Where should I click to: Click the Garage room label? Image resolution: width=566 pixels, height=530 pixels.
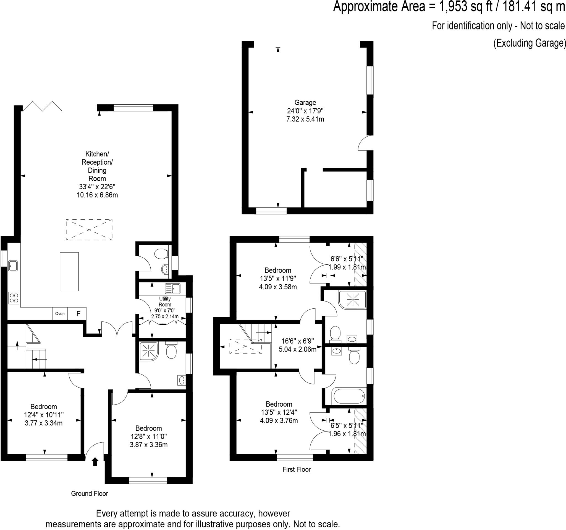pyautogui.click(x=305, y=102)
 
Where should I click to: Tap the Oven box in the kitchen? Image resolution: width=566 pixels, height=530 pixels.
pyautogui.click(x=60, y=314)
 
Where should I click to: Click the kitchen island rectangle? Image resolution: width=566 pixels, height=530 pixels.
pyautogui.click(x=69, y=272)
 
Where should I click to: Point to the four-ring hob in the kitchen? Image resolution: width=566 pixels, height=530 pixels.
pyautogui.click(x=14, y=298)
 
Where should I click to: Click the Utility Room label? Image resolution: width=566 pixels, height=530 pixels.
pyautogui.click(x=165, y=302)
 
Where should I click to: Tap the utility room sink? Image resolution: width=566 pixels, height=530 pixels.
pyautogui.click(x=172, y=288)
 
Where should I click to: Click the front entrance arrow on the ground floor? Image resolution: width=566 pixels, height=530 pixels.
pyautogui.click(x=95, y=462)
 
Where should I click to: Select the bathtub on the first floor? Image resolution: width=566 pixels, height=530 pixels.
pyautogui.click(x=349, y=396)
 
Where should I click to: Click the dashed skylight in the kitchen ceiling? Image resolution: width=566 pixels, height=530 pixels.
pyautogui.click(x=89, y=230)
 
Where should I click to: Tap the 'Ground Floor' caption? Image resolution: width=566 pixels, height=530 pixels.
pyautogui.click(x=89, y=493)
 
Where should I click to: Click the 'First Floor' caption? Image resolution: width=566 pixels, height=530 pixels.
pyautogui.click(x=296, y=469)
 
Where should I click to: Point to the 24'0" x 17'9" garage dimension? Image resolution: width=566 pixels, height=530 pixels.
pyautogui.click(x=305, y=111)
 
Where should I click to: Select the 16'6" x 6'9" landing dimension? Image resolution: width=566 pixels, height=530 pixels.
pyautogui.click(x=298, y=341)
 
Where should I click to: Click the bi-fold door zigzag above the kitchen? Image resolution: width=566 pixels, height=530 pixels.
pyautogui.click(x=43, y=106)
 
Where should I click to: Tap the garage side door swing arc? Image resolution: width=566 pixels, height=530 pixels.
pyautogui.click(x=365, y=143)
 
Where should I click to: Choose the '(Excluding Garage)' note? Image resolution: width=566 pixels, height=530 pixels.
pyautogui.click(x=529, y=43)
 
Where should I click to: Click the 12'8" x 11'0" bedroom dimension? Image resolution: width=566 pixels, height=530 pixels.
pyautogui.click(x=149, y=436)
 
